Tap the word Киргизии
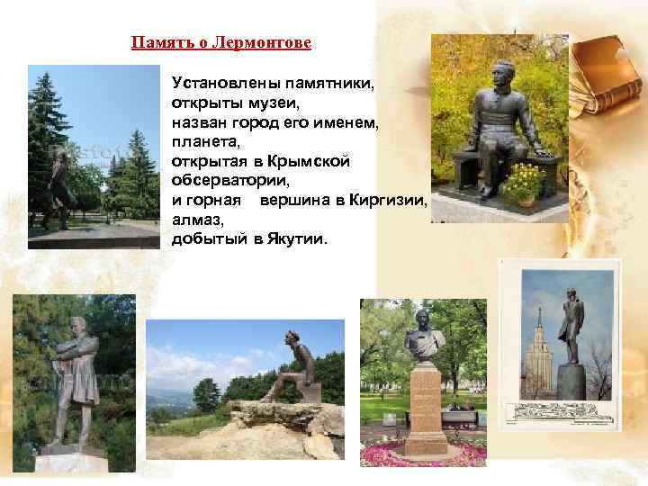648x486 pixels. (387, 200)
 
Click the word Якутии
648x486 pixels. (297, 239)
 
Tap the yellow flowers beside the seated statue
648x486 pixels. (523, 179)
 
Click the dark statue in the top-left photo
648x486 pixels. (61, 189)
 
